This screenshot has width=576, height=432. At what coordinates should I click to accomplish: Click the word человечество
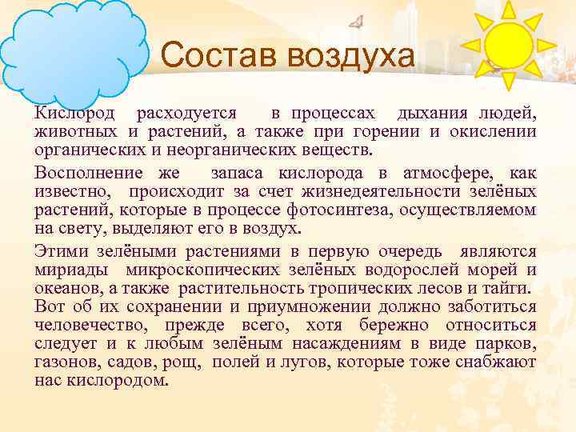(x=88, y=325)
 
